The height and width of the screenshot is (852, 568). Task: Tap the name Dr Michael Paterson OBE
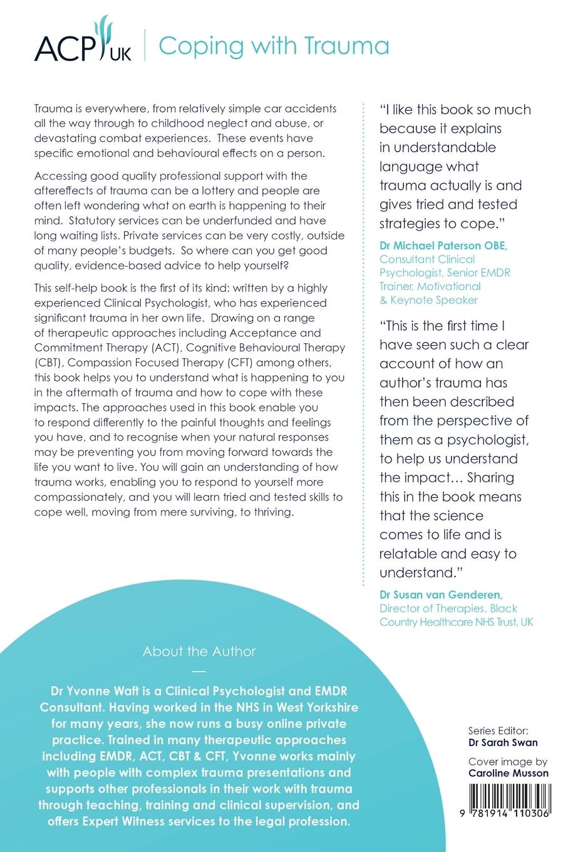(x=443, y=245)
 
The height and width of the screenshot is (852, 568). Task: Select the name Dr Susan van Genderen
(x=441, y=594)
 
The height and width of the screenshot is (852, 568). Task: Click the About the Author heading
(x=199, y=651)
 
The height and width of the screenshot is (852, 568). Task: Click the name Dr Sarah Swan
(x=503, y=742)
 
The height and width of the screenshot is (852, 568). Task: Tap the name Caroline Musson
(x=508, y=772)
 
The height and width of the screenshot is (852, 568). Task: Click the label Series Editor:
(x=498, y=730)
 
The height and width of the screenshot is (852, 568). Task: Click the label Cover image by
(x=507, y=762)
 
